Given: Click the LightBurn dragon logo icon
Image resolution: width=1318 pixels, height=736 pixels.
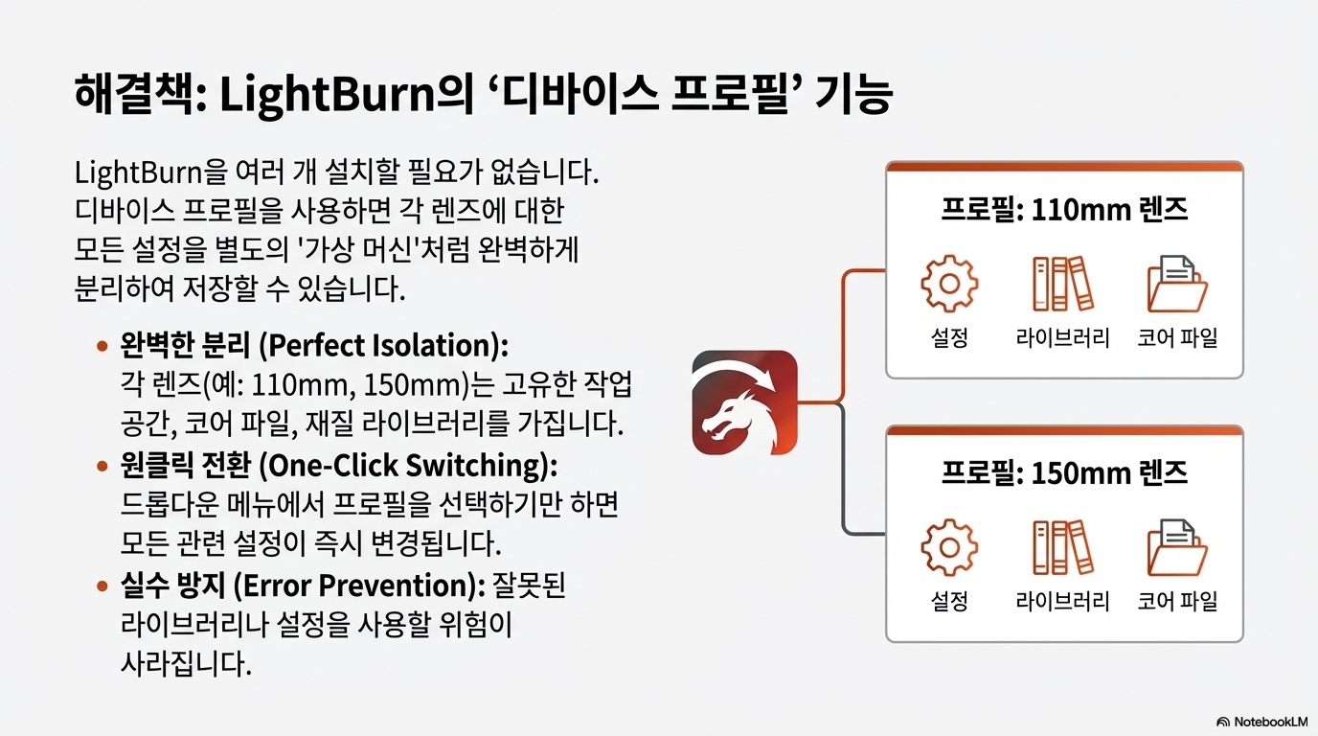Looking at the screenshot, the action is [x=744, y=402].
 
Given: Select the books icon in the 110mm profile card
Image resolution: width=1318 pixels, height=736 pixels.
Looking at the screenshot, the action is [x=1062, y=284].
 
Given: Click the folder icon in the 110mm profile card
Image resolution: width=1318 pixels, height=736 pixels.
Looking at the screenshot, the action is [x=1177, y=284].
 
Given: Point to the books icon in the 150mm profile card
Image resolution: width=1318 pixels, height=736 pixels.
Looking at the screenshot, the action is [x=1062, y=548].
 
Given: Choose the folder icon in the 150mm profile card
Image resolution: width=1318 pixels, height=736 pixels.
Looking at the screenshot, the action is [x=1177, y=548].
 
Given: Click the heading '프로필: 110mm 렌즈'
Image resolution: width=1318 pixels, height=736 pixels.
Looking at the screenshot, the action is [x=1064, y=209].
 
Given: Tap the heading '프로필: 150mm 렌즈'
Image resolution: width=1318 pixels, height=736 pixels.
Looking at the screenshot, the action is [x=1064, y=472].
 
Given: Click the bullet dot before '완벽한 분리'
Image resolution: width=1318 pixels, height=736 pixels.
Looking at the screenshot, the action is [x=102, y=345].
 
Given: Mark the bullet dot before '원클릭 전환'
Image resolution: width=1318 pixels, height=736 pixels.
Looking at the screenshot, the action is [x=102, y=466].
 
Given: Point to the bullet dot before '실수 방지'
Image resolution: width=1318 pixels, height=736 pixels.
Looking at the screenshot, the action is [x=102, y=586].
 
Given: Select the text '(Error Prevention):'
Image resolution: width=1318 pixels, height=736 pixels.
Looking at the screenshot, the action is [x=360, y=585].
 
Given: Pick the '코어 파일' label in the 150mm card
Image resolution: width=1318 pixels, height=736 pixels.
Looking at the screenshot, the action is [x=1177, y=602].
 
